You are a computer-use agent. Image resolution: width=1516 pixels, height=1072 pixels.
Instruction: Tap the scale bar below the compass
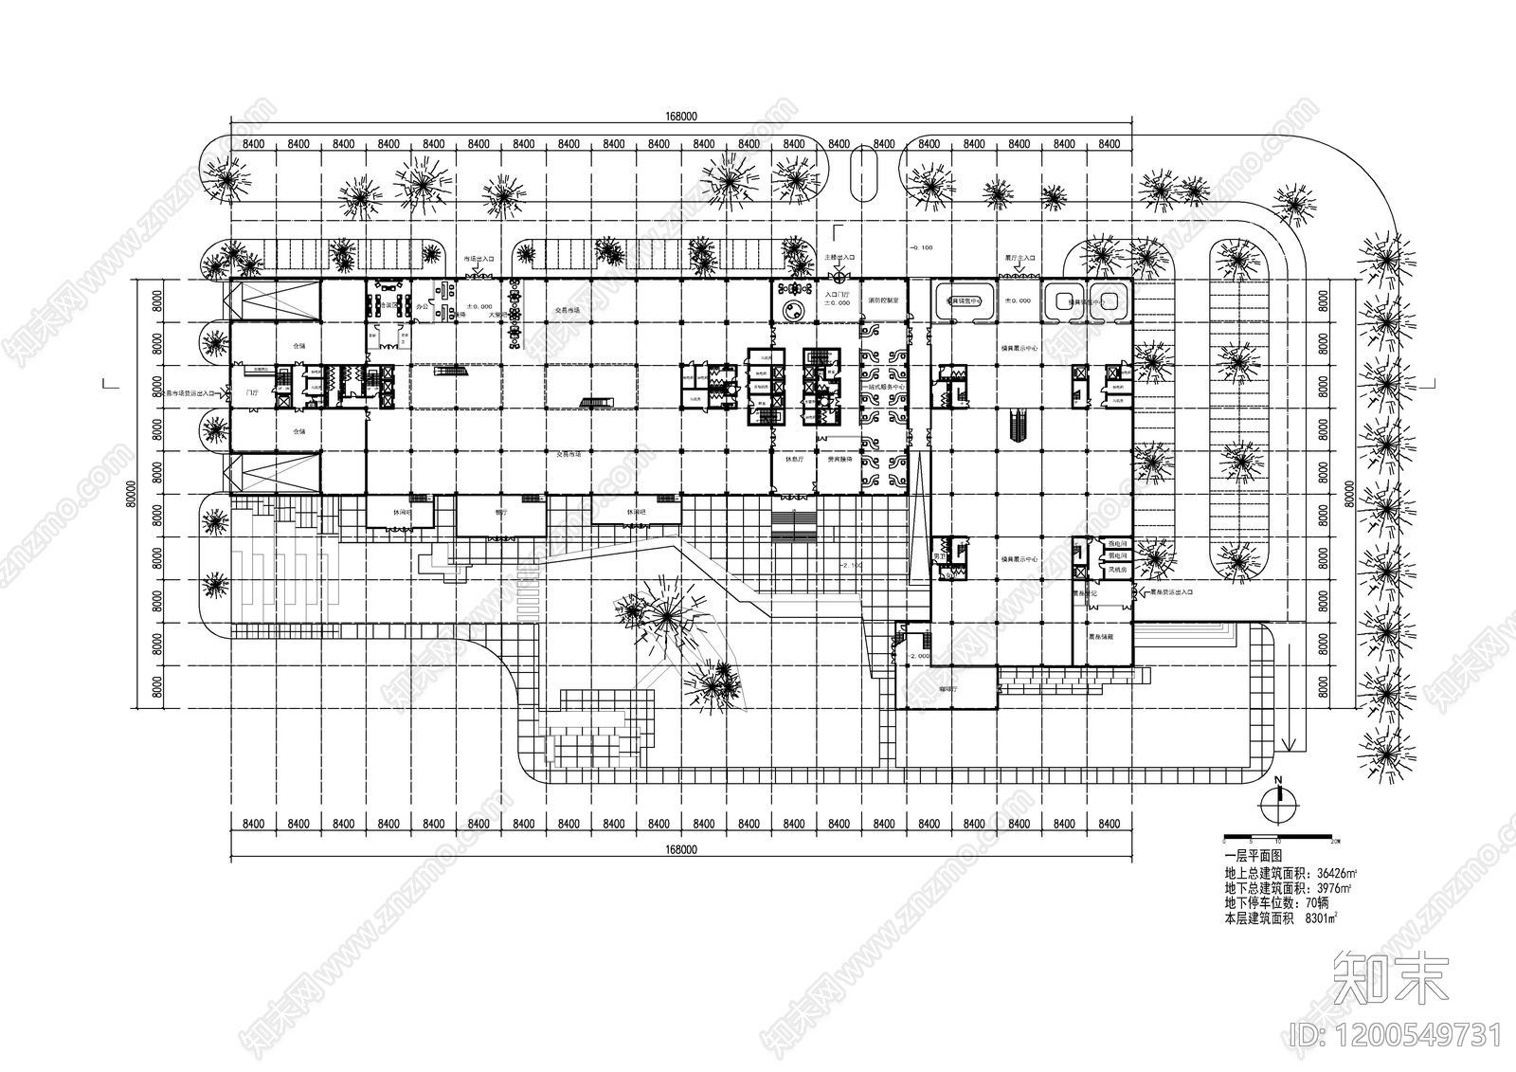(1280, 840)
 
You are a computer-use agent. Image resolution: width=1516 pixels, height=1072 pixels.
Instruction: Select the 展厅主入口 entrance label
(1020, 257)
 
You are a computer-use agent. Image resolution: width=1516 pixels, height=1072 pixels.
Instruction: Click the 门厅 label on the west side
(251, 391)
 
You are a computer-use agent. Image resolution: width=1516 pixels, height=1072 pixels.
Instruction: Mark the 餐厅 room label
(501, 513)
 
